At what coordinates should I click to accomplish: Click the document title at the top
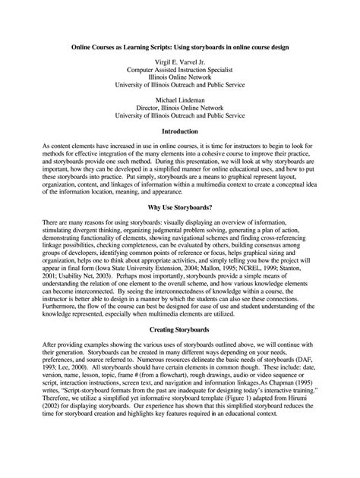tap(179, 46)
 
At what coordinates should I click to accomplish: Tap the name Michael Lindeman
tap(179, 99)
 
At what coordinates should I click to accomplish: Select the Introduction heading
tap(179, 131)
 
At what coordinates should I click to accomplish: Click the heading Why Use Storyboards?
tap(179, 206)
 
